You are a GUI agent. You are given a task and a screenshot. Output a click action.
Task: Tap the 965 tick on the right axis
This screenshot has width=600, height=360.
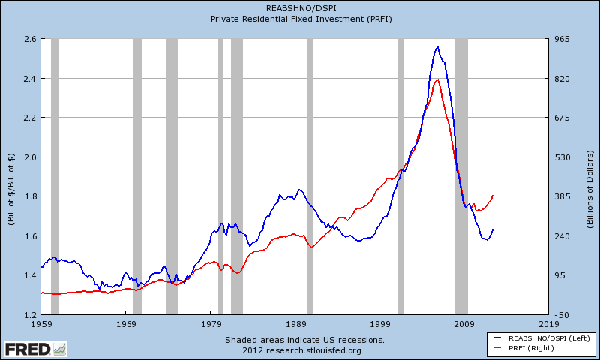coord(565,39)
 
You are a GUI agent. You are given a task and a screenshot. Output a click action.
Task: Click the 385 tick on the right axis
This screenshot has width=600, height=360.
coord(565,196)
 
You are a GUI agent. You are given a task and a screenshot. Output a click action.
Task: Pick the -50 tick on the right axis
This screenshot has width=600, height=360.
coord(564,315)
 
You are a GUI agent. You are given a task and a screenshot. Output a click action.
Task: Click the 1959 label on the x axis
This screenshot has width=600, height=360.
coord(41,324)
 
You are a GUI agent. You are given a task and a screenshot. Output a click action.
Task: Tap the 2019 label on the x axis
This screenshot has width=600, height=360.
coord(548,324)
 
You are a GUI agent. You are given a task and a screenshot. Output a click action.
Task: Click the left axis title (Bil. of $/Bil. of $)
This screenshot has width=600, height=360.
coord(10,177)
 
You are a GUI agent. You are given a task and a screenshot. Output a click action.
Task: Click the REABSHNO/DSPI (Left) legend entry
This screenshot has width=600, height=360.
coord(541,339)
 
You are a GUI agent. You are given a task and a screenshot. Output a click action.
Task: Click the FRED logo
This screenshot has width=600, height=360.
coord(34,349)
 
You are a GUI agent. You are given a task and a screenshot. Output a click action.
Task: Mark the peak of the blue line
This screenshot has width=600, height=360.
coord(438,47)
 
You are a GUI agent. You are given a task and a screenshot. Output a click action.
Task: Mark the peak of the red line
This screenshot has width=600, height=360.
coord(437,79)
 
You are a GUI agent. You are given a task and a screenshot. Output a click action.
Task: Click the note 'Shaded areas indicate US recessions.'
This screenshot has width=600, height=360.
coord(304,340)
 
